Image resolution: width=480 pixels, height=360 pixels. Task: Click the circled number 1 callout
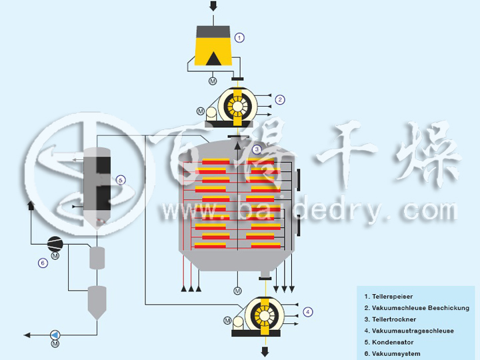pos(240,38)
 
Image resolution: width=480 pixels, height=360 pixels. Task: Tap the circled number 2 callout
pos(281,100)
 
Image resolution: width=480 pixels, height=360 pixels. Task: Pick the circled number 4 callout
pos(307,311)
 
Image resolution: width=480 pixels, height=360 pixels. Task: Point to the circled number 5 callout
pos(120,180)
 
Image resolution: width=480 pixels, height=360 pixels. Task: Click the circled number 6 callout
pos(43,263)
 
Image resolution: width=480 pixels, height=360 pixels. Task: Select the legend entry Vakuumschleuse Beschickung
pos(416,307)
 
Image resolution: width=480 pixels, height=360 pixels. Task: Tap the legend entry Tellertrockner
pos(389,319)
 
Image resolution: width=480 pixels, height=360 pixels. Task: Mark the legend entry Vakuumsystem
pos(392,353)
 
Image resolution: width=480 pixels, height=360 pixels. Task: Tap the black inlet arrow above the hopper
pos(213,7)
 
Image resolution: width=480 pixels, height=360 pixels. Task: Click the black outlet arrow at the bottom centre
pos(265,351)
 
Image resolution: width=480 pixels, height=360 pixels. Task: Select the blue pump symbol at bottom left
pos(55,334)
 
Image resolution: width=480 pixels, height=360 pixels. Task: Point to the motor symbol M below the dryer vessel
pos(237,291)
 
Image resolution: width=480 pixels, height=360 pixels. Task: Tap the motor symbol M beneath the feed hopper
pos(213,81)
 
